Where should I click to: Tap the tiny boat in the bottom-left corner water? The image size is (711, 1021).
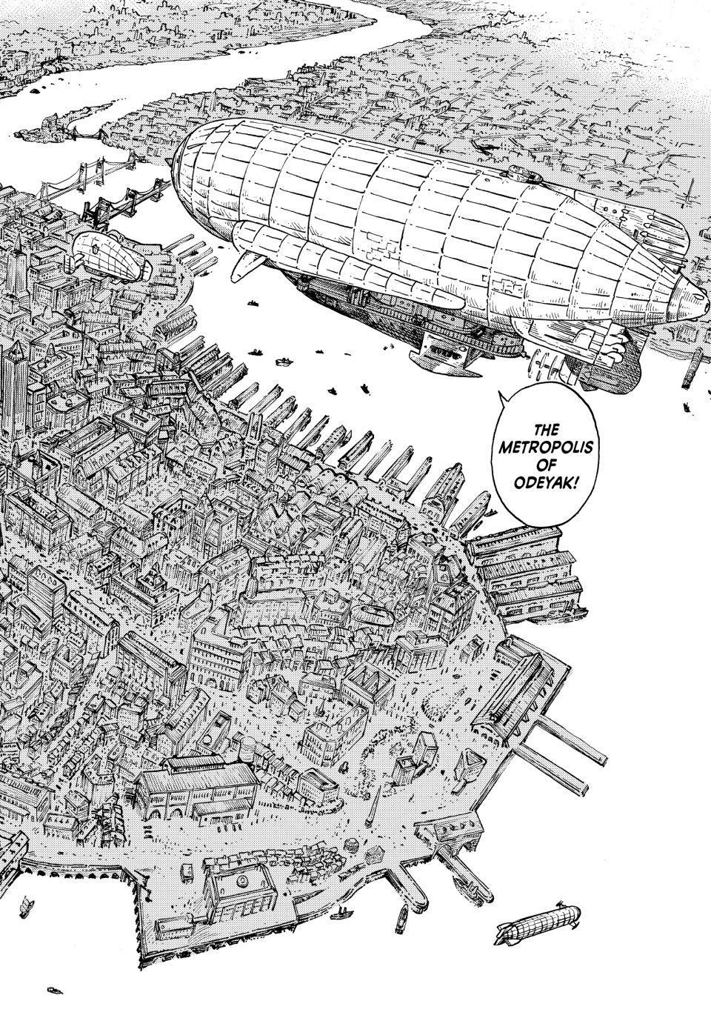[x=53, y=988]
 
